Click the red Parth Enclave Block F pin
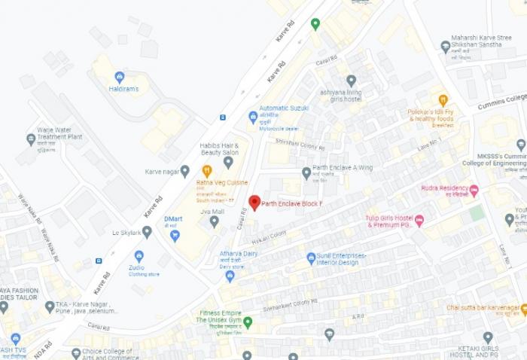pos(254,202)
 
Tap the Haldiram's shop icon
pos(119,77)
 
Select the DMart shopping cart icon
pos(175,236)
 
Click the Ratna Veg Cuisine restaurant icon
pos(207,171)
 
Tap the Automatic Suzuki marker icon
pos(253,117)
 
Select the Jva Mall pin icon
pos(214,221)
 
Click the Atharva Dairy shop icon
pos(230,276)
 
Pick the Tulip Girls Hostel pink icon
pos(419,221)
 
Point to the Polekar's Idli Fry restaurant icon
pos(443,99)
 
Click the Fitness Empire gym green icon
pos(247,322)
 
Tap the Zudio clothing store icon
pos(139,256)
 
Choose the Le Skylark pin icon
pos(147,232)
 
